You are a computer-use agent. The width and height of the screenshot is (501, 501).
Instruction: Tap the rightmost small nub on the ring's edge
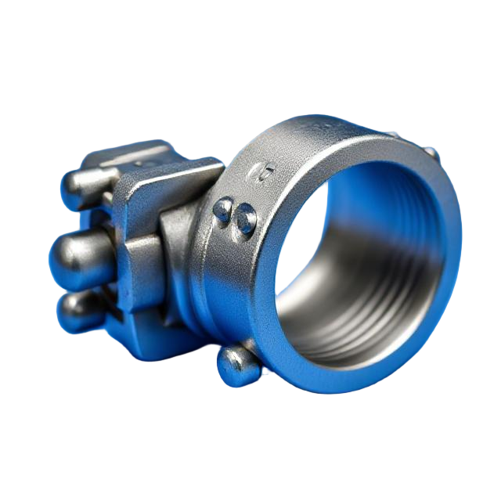pos(432,152)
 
